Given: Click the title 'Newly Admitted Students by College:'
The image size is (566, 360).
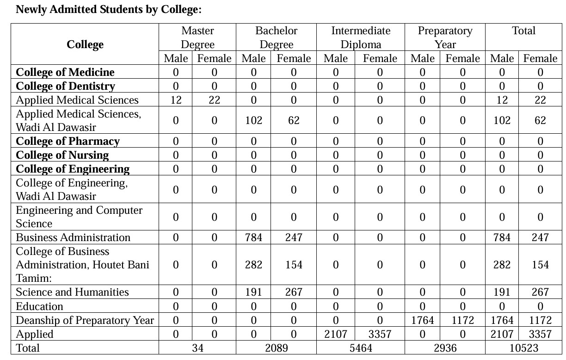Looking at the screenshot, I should [109, 10].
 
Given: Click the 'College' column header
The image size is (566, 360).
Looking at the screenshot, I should [85, 44].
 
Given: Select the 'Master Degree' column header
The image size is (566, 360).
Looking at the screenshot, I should [197, 37].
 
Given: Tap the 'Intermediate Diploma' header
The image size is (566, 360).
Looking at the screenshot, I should [361, 37].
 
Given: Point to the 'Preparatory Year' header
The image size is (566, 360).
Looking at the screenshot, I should [445, 37].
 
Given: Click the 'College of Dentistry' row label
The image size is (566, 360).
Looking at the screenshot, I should [65, 86].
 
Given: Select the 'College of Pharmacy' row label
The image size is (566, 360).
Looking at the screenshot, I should [68, 141].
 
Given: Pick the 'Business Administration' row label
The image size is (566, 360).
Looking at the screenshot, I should [73, 237].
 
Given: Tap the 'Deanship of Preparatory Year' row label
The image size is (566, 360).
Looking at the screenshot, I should [85, 320].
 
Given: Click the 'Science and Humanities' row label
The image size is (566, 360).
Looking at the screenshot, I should [72, 292].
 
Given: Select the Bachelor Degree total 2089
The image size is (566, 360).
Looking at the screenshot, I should [277, 348].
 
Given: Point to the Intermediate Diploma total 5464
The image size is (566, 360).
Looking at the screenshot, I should [361, 348].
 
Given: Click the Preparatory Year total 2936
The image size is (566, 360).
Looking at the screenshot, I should [445, 348].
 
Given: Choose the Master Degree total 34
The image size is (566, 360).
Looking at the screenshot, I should [197, 348].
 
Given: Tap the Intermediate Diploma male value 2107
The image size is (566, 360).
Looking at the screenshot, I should [336, 334].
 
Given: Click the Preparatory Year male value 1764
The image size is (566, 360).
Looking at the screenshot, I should [423, 320].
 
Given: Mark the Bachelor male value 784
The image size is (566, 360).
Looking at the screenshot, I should [253, 237].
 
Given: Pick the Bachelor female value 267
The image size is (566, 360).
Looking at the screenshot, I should [294, 292].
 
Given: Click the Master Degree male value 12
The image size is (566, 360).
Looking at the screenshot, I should [176, 100].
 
